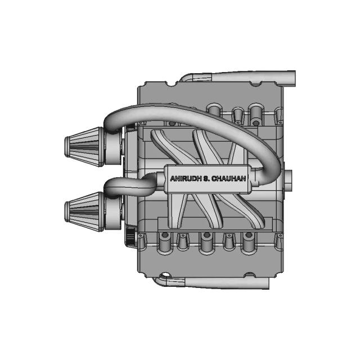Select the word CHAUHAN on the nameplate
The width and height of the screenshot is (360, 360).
tap(230, 178)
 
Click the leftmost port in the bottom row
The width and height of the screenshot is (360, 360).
tap(165, 242)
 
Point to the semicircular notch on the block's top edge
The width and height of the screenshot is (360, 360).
tap(169, 84)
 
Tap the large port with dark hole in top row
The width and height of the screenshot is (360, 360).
tap(256, 112)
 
